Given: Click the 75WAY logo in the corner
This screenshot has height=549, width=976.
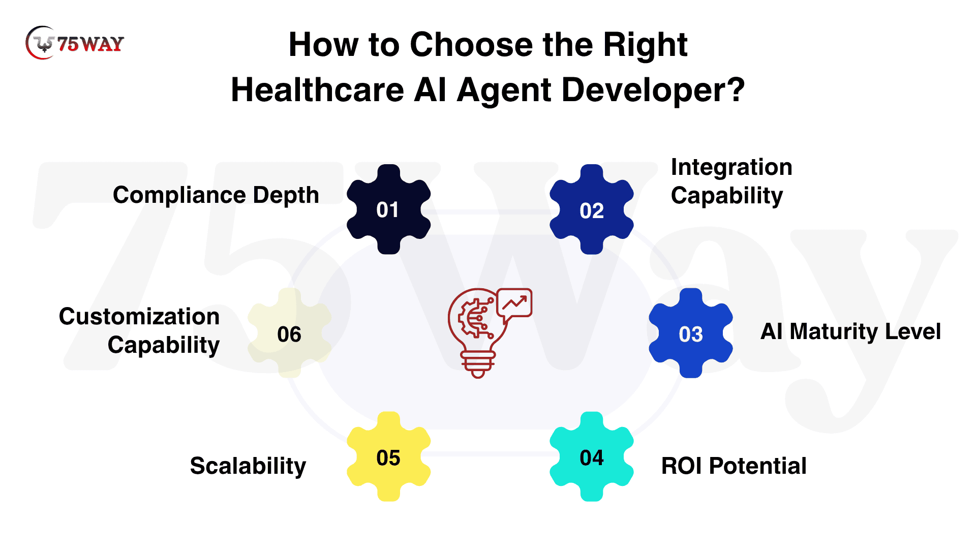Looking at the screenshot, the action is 75,43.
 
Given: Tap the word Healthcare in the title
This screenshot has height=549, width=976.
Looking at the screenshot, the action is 317,90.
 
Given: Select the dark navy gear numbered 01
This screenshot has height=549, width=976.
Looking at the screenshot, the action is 389,209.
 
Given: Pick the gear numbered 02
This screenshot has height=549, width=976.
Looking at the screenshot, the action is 592,209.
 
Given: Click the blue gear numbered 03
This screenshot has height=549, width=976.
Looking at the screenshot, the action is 691,333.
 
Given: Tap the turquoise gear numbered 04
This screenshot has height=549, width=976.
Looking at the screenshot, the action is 592,456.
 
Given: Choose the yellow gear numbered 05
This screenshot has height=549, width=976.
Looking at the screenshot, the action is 389,456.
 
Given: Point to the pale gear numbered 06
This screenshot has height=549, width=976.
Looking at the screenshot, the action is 290,333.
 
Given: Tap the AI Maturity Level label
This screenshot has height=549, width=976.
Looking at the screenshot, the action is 850,332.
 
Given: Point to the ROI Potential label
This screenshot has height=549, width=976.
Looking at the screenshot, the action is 734,466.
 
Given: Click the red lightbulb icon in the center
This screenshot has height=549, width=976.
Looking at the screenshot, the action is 478,333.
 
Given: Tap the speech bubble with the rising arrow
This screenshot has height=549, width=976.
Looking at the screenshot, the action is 514,304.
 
